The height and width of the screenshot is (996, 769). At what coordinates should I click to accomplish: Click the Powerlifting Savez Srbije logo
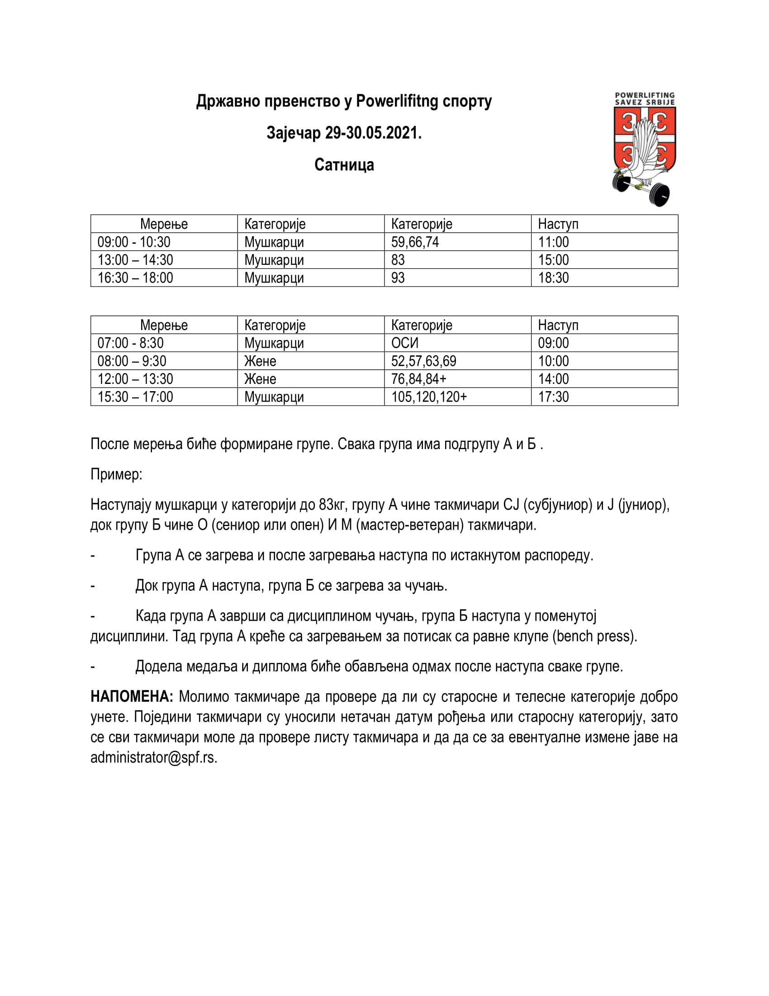click(x=644, y=148)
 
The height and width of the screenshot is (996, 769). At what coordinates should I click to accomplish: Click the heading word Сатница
click(x=344, y=165)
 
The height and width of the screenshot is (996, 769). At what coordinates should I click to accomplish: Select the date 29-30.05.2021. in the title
click(x=373, y=133)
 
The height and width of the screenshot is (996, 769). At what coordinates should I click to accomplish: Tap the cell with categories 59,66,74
click(x=415, y=242)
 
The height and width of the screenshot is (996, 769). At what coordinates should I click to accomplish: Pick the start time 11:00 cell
click(x=554, y=242)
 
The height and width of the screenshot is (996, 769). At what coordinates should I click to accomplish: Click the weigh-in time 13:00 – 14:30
click(x=135, y=260)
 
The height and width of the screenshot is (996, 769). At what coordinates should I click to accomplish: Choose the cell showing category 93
click(x=398, y=278)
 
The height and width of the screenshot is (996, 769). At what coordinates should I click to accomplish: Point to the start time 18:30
click(x=554, y=278)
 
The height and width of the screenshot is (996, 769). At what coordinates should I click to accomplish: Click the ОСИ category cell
click(x=404, y=343)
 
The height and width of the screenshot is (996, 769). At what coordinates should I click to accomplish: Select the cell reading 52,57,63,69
click(x=424, y=361)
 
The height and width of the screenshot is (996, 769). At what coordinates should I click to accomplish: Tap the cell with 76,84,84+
click(x=419, y=379)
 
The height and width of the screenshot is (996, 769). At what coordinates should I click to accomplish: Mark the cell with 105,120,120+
click(x=429, y=397)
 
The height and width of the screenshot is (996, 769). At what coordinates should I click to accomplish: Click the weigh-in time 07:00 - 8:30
click(x=131, y=343)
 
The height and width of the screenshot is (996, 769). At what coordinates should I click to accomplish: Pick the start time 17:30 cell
click(x=554, y=397)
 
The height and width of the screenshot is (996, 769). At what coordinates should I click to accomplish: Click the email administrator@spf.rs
click(x=153, y=757)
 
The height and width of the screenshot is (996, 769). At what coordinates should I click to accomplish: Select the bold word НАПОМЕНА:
click(x=132, y=697)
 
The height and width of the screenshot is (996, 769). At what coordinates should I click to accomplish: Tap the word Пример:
click(x=117, y=474)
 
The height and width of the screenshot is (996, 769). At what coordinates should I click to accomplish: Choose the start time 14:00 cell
click(x=554, y=379)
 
